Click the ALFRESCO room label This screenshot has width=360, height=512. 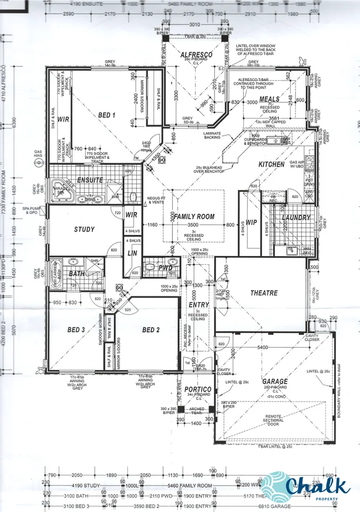tap(195, 55)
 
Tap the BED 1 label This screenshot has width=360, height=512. tap(107, 114)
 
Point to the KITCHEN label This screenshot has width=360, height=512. tap(272, 165)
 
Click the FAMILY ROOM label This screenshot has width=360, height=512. tap(194, 216)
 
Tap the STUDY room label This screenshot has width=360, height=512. tap(84, 229)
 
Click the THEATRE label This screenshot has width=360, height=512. tap(264, 293)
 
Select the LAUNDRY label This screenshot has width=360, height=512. tap(296, 217)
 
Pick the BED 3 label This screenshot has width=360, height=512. tap(76, 330)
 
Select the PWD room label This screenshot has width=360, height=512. tap(166, 267)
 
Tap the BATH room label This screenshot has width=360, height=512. tap(76, 273)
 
